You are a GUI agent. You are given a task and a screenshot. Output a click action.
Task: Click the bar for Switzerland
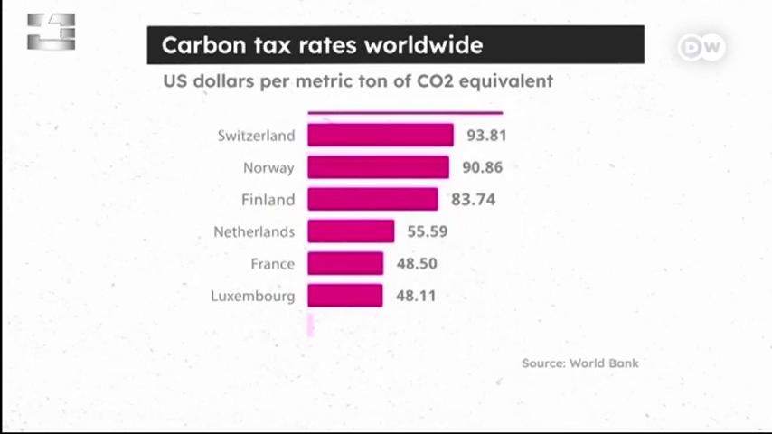tap(381, 135)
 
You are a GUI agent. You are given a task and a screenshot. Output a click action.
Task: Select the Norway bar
tap(378, 167)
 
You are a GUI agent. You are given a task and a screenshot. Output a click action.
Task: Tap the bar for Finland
tap(372, 199)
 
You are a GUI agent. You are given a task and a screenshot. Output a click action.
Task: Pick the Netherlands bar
tap(351, 231)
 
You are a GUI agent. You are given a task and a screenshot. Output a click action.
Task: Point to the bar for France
tap(345, 263)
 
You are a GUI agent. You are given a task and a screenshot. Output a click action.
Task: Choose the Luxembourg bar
tap(345, 295)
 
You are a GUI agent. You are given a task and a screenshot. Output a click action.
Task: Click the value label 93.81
tap(486, 136)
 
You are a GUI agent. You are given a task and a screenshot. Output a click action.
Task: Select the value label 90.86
tap(482, 167)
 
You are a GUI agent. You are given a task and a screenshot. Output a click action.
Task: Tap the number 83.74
tap(473, 200)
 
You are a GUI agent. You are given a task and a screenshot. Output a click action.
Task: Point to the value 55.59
tap(428, 231)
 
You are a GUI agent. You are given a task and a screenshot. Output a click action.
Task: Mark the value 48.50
tap(417, 263)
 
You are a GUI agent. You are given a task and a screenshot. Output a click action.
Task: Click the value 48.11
tap(416, 296)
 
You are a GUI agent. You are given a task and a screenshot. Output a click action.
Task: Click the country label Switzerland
tap(256, 136)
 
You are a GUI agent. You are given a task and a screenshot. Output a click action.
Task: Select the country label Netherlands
tap(254, 231)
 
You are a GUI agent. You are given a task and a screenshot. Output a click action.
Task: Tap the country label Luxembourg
tap(253, 296)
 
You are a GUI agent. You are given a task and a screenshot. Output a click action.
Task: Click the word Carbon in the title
tap(203, 45)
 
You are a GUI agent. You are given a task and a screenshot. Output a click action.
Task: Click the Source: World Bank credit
tap(580, 363)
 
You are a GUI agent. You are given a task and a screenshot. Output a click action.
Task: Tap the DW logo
tap(701, 47)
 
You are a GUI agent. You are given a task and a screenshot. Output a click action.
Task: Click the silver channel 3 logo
tap(52, 32)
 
